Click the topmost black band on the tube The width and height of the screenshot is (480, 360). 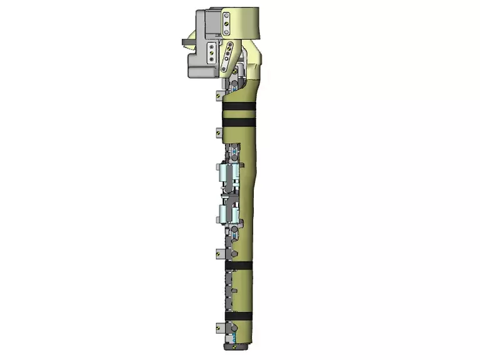(x=238, y=107)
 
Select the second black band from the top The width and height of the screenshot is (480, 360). (x=238, y=120)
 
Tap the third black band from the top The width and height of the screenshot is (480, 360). (x=238, y=266)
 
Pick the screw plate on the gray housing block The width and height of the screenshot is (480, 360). (x=211, y=52)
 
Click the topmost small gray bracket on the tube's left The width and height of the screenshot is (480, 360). (x=218, y=95)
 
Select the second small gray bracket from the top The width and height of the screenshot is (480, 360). (x=218, y=132)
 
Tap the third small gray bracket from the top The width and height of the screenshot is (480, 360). (x=219, y=253)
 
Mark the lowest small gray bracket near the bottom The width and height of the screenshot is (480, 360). (x=218, y=326)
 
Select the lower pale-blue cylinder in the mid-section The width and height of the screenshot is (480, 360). (x=229, y=213)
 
